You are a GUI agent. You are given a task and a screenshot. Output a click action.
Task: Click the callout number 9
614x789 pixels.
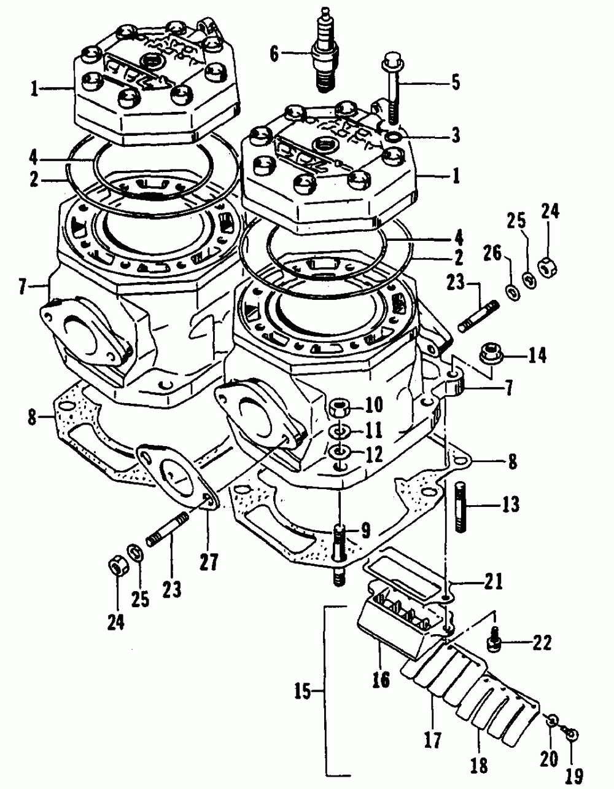[x=365, y=528]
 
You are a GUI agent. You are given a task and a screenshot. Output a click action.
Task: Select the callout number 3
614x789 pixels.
[x=454, y=135]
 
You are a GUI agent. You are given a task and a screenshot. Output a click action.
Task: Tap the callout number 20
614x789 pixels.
[x=549, y=760]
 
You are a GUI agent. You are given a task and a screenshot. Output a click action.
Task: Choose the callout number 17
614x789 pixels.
[x=432, y=741]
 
